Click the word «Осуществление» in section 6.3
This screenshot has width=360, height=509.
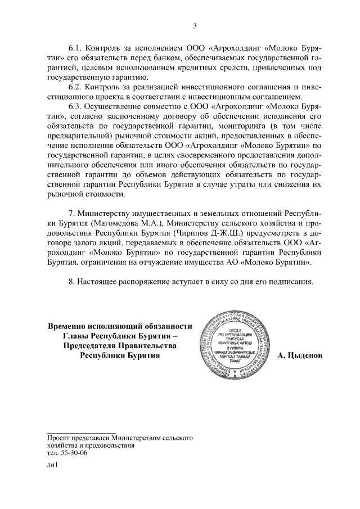[114, 107]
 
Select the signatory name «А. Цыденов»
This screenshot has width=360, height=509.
[300, 355]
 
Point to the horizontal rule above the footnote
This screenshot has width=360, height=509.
[82, 431]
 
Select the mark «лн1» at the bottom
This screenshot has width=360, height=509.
[53, 465]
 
